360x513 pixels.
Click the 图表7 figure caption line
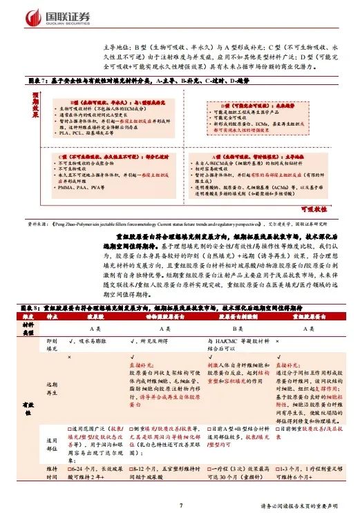159,80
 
